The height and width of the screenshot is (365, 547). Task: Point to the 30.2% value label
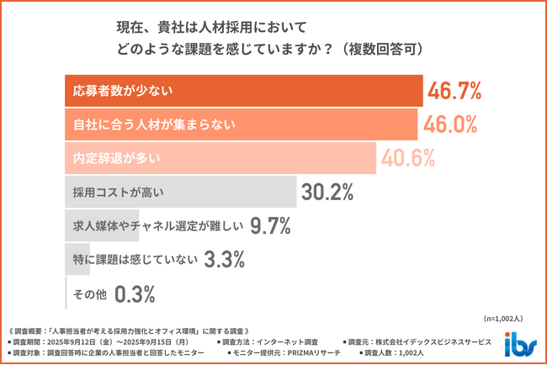coord(327,192)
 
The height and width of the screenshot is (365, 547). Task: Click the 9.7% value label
coord(270,225)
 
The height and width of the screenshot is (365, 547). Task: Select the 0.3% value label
coord(134,294)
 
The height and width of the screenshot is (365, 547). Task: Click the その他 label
coord(89,294)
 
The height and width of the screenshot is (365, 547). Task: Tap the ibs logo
coord(518,344)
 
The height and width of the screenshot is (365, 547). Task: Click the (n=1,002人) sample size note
coord(503,319)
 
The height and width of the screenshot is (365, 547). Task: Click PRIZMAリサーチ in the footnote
coord(310,353)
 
